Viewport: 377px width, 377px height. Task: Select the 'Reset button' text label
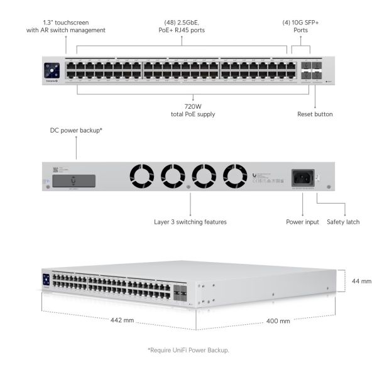pyautogui.click(x=315, y=114)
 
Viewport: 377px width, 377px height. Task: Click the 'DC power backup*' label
pyautogui.click(x=76, y=131)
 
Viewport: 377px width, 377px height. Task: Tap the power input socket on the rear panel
pyautogui.click(x=302, y=177)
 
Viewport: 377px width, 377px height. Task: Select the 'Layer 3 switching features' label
pyautogui.click(x=190, y=222)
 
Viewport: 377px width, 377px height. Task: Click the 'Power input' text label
pyautogui.click(x=303, y=222)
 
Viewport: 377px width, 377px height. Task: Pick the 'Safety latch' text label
pyautogui.click(x=343, y=222)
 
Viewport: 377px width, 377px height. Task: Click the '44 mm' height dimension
pyautogui.click(x=361, y=281)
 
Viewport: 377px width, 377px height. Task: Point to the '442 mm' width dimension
pyautogui.click(x=123, y=320)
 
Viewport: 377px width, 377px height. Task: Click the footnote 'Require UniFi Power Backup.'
pyautogui.click(x=188, y=349)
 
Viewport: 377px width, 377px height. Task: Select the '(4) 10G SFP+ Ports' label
pyautogui.click(x=302, y=26)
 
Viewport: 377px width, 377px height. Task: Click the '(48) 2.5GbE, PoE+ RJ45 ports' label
pyautogui.click(x=182, y=26)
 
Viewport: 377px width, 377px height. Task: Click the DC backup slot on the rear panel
pyautogui.click(x=74, y=182)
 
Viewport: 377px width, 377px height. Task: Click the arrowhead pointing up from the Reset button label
pyautogui.click(x=315, y=88)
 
